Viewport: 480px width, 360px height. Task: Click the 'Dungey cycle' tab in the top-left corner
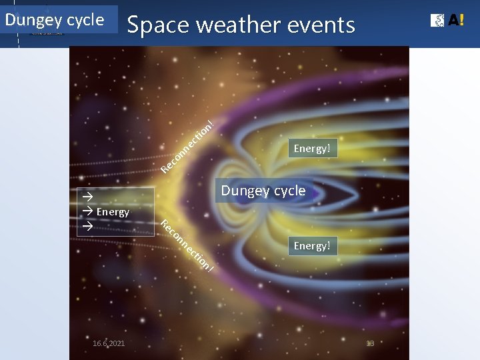(x=55, y=19)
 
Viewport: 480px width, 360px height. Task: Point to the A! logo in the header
(x=447, y=21)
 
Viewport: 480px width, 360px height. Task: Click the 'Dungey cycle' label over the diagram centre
(x=263, y=191)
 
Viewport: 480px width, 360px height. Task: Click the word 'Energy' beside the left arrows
(x=113, y=212)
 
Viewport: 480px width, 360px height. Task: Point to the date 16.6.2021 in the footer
(x=109, y=343)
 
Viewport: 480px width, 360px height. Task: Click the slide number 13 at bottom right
(x=371, y=343)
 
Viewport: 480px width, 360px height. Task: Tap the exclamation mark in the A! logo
(x=460, y=21)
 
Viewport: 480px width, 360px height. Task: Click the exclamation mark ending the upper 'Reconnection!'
(x=211, y=122)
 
